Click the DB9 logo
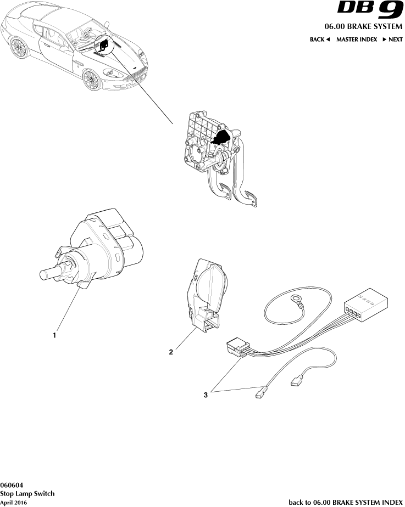tap(370, 10)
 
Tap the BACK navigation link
tap(319, 40)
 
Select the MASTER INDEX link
tap(357, 40)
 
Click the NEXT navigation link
tap(392, 40)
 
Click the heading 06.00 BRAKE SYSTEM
tap(363, 26)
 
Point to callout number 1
tap(54, 335)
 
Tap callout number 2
tap(171, 352)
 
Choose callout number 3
tap(206, 395)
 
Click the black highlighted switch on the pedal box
tap(222, 137)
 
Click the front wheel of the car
tap(92, 80)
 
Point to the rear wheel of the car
tap(18, 49)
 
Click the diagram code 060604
tap(12, 485)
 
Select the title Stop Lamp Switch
tap(27, 493)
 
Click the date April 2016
tap(14, 503)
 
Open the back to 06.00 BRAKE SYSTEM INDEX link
tap(346, 502)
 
